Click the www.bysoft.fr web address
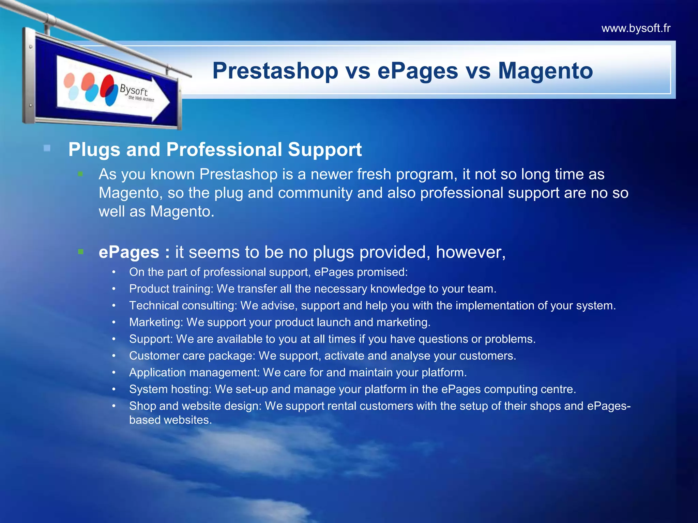click(636, 28)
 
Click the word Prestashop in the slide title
click(275, 71)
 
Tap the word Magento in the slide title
click(545, 71)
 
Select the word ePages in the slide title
click(418, 71)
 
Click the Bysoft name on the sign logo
click(133, 90)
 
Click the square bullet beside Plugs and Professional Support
click(47, 148)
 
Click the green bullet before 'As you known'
click(80, 174)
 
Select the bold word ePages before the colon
click(129, 252)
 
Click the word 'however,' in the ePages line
click(470, 252)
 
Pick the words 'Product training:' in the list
click(171, 289)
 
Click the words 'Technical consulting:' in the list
click(183, 305)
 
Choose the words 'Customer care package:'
click(192, 356)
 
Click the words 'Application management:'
click(194, 373)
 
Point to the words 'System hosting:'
click(170, 389)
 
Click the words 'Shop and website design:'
click(195, 406)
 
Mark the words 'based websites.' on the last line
click(170, 420)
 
